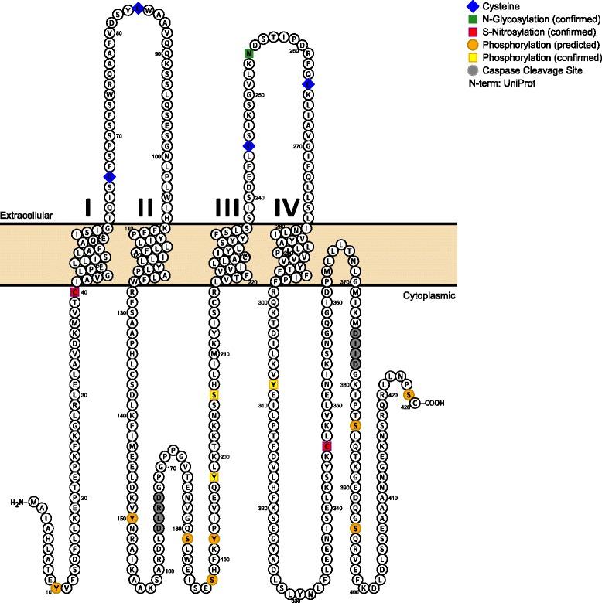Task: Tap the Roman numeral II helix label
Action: tap(145, 207)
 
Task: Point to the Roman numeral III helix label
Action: tap(229, 207)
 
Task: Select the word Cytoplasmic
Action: tap(429, 295)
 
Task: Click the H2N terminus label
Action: tap(16, 503)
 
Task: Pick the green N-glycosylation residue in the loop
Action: tap(248, 53)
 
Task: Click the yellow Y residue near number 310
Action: tap(273, 384)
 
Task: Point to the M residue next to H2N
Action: tap(35, 503)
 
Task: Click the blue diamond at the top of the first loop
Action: tap(138, 8)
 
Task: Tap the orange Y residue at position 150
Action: tap(133, 518)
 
